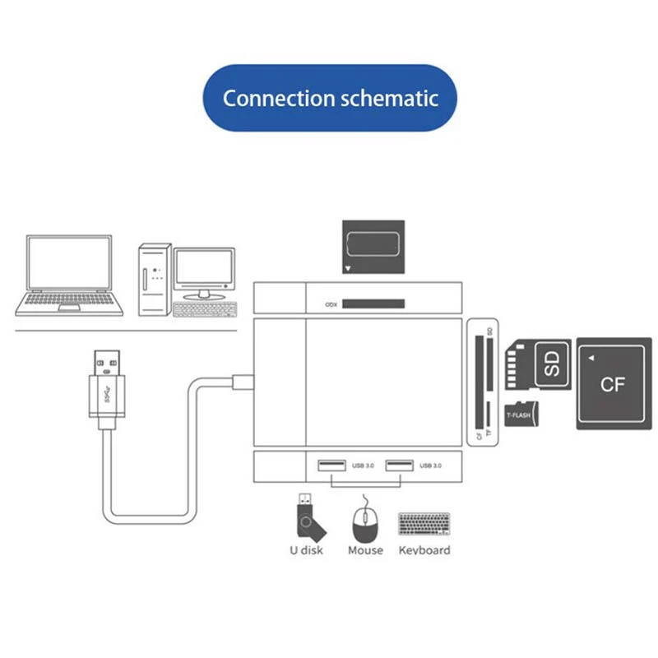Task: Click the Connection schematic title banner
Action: click(x=330, y=98)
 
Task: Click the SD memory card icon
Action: click(x=537, y=364)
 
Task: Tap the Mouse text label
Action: click(x=365, y=550)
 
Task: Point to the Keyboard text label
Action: click(x=424, y=550)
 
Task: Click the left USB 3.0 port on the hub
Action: click(x=331, y=467)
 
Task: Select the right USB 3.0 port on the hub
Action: click(x=399, y=467)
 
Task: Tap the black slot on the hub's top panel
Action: click(x=373, y=304)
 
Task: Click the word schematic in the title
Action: click(x=389, y=99)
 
